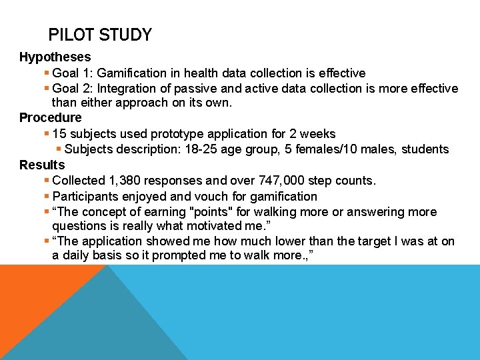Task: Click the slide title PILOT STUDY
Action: pyautogui.click(x=100, y=35)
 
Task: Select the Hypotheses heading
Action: pyautogui.click(x=55, y=57)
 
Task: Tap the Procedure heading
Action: pyautogui.click(x=50, y=118)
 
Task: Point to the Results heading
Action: pyautogui.click(x=42, y=165)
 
